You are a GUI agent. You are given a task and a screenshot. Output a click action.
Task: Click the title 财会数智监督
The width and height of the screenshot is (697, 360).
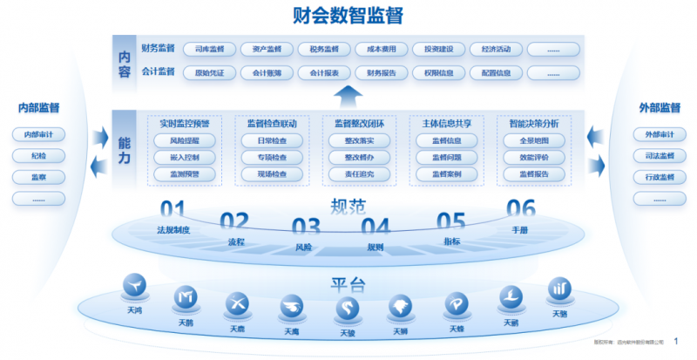pyautogui.click(x=348, y=15)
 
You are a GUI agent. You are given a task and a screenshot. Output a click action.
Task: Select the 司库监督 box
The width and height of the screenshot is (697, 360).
pyautogui.click(x=210, y=50)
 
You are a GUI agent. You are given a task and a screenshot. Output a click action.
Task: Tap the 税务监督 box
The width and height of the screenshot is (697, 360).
pyautogui.click(x=324, y=50)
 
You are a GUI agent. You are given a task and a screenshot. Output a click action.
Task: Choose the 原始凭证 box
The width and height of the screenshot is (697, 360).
pyautogui.click(x=210, y=72)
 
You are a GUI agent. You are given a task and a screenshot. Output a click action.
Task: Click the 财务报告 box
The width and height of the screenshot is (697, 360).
pyautogui.click(x=381, y=72)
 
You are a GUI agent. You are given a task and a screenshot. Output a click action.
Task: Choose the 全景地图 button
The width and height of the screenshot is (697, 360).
pyautogui.click(x=533, y=140)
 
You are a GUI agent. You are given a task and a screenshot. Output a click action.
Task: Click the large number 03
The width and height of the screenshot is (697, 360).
pyautogui.click(x=306, y=228)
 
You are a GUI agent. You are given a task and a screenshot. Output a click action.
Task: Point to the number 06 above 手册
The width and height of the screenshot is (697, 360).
pyautogui.click(x=520, y=208)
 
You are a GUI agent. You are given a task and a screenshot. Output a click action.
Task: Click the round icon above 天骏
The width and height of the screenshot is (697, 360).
pyautogui.click(x=348, y=309)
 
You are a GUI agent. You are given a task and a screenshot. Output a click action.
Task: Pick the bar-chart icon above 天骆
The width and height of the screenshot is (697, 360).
pyautogui.click(x=558, y=289)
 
